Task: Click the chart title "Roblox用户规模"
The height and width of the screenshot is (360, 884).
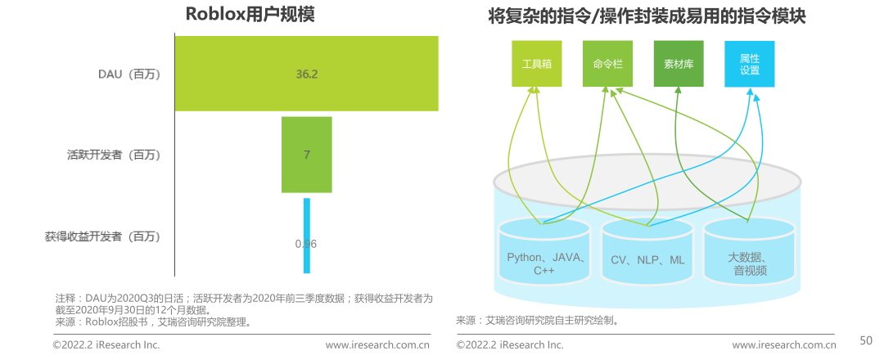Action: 238,15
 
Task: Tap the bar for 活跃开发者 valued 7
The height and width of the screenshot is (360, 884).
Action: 307,155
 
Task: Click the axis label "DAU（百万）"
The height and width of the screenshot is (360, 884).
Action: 129,74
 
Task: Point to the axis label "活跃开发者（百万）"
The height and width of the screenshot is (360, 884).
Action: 114,155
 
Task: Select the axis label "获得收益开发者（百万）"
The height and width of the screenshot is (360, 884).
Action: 102,236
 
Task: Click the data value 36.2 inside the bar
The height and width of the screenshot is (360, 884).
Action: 307,74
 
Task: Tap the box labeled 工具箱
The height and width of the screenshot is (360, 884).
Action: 537,64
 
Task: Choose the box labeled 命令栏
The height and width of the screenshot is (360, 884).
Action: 607,64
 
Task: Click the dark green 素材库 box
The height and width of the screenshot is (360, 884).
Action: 679,64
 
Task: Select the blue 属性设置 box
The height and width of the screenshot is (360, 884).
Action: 749,64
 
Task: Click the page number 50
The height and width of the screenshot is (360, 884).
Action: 865,340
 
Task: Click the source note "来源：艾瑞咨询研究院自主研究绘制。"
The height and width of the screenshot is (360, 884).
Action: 536,320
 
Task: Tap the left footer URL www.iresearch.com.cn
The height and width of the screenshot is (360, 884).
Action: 377,345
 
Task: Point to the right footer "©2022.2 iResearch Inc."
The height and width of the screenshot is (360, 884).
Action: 509,345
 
